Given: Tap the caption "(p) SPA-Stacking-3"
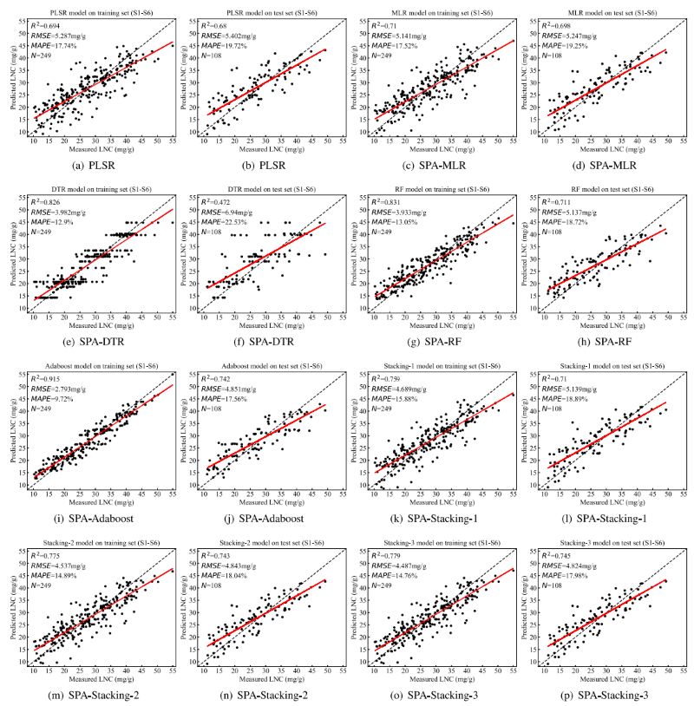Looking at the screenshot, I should tap(604, 697).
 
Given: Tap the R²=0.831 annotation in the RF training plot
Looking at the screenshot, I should tap(385, 201).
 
